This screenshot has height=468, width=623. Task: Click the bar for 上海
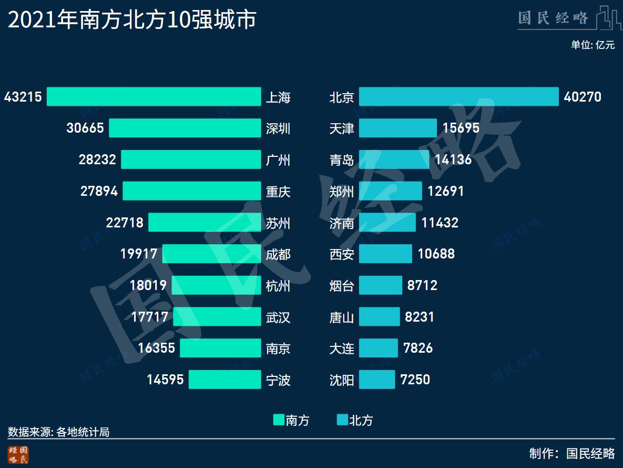tap(154, 97)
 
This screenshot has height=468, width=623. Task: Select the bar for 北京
tap(458, 97)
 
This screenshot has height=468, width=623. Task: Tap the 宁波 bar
tap(224, 380)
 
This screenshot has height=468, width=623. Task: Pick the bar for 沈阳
tap(376, 380)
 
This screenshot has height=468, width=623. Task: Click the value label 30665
tap(85, 128)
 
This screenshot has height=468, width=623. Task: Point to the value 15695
tap(461, 128)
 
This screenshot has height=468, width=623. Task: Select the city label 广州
tap(278, 160)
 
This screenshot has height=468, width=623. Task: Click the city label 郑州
tap(342, 191)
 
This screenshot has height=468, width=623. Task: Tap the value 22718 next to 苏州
tap(125, 223)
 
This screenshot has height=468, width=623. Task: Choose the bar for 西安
tap(385, 254)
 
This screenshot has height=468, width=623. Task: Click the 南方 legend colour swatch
tap(279, 420)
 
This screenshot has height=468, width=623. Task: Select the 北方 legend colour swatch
tap(342, 420)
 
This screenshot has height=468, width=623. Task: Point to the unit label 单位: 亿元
tap(593, 45)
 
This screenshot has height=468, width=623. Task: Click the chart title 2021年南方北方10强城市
tap(132, 20)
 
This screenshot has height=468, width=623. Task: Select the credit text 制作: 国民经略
tap(572, 453)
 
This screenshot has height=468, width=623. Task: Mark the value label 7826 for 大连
tap(418, 348)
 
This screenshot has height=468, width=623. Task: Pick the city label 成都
tap(278, 254)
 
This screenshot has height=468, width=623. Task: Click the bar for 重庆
tap(192, 191)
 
